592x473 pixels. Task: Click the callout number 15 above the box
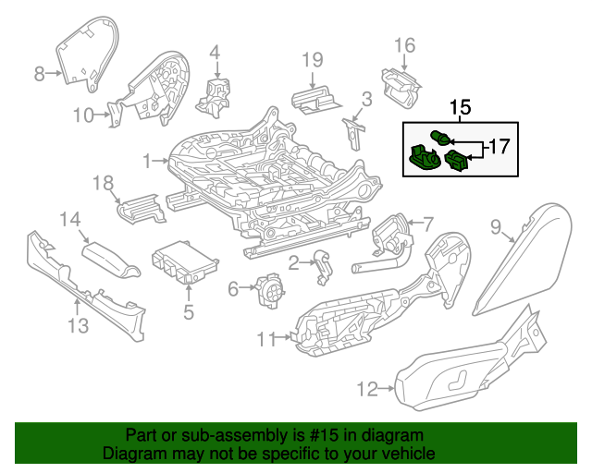(x=461, y=108)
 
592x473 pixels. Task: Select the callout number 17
(x=499, y=146)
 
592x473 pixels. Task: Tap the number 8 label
(x=39, y=74)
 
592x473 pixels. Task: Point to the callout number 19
(x=313, y=61)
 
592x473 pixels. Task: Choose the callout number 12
(x=367, y=390)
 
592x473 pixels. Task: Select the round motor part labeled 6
(x=270, y=291)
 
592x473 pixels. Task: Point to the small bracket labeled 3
(x=354, y=130)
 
